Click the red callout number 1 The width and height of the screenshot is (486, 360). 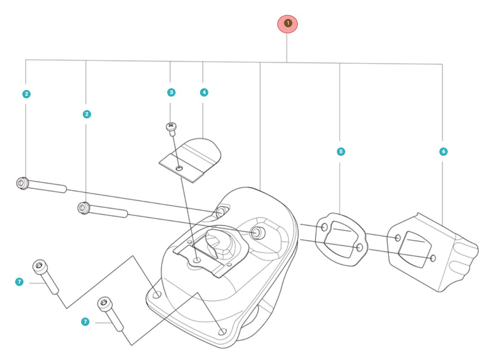(x=287, y=24)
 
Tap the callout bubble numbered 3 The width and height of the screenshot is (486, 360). (x=171, y=92)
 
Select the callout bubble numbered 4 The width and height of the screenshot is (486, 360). (x=203, y=92)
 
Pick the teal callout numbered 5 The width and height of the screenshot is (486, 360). (x=341, y=151)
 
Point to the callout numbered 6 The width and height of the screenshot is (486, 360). (x=443, y=151)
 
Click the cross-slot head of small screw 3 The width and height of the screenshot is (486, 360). (x=171, y=126)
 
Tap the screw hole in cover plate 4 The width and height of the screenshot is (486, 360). (x=180, y=168)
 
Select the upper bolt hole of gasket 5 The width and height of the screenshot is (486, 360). (x=324, y=227)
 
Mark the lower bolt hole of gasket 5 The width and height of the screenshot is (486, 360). (x=360, y=247)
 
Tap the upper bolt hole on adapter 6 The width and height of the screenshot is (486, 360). (x=397, y=238)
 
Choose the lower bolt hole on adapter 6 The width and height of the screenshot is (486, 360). (x=433, y=258)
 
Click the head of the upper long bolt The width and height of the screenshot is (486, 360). (x=21, y=183)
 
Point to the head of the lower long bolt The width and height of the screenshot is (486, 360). (x=83, y=207)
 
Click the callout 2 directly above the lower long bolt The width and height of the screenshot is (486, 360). (x=87, y=114)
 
